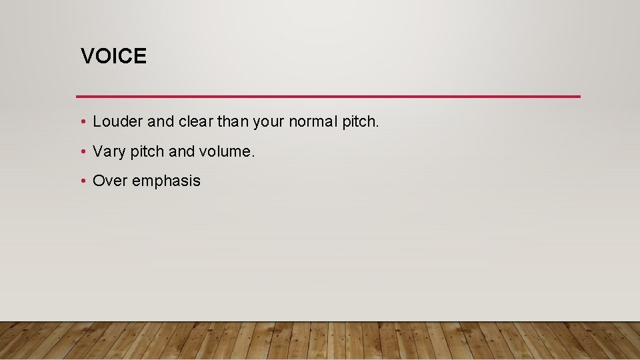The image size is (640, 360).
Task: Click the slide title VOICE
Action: point(113,56)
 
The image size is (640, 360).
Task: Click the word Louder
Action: point(117,122)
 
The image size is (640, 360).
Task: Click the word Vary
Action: point(109,152)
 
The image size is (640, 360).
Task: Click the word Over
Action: point(111,181)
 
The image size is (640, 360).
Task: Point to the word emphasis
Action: point(167,181)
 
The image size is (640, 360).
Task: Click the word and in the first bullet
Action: point(160,122)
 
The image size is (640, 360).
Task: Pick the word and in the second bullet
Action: point(182,152)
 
